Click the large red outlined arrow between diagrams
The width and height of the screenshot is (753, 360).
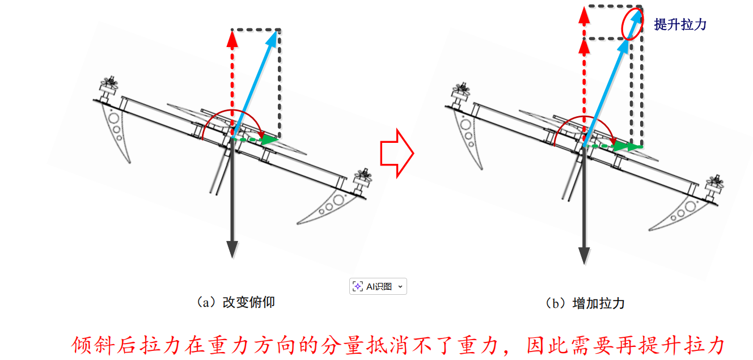click(x=397, y=153)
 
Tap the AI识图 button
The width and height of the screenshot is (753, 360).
click(x=378, y=286)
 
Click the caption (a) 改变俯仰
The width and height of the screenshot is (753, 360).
click(x=236, y=302)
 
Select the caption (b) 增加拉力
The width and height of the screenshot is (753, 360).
click(x=585, y=303)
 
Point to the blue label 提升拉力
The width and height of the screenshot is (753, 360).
click(x=680, y=24)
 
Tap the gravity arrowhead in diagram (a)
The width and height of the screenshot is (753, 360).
click(x=232, y=249)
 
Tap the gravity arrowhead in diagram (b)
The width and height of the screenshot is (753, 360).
click(x=584, y=256)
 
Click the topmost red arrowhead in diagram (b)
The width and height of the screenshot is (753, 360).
click(x=584, y=15)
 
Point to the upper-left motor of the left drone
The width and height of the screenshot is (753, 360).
click(x=108, y=88)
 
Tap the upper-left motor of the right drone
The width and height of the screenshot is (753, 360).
click(x=461, y=94)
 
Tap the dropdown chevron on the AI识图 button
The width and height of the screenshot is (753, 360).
click(x=400, y=287)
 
